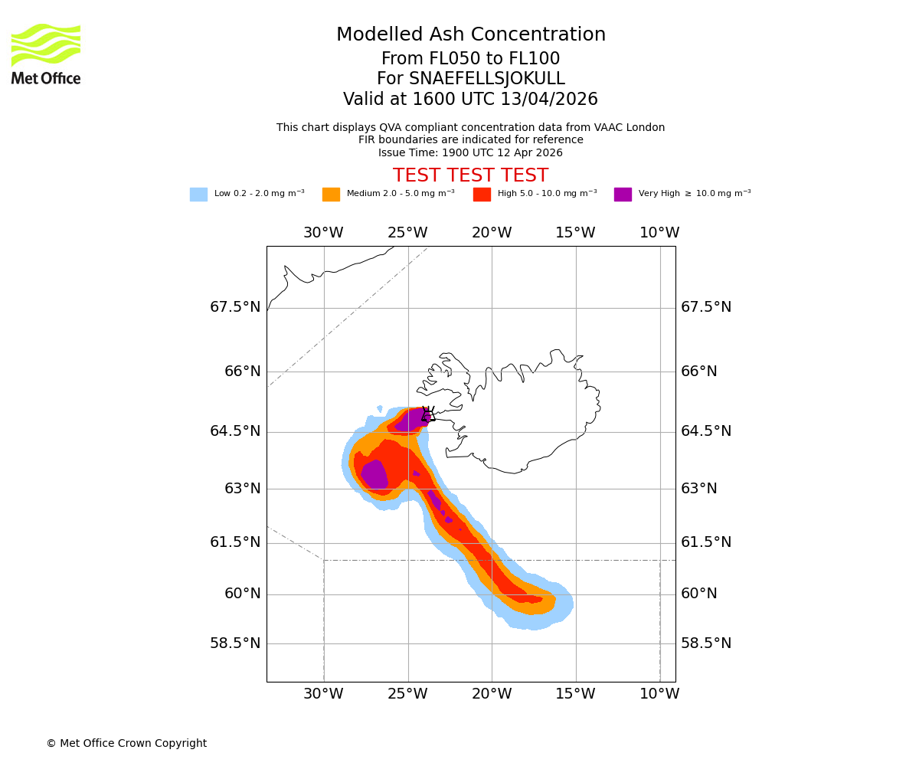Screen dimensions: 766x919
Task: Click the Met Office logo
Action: coord(46,54)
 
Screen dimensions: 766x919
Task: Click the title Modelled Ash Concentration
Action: coord(470,35)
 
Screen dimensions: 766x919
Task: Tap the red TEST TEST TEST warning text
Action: coord(470,176)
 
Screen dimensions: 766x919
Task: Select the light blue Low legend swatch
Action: coord(198,195)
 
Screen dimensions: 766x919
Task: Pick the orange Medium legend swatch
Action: coord(331,195)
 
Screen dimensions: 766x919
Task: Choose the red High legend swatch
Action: coord(482,195)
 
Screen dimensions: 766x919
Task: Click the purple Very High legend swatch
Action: coord(623,195)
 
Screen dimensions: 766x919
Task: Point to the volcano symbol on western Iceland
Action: coord(428,414)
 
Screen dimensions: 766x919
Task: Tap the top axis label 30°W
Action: coord(323,233)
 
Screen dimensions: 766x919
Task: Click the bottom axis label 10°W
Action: coord(659,694)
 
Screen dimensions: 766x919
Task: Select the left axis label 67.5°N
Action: coord(235,307)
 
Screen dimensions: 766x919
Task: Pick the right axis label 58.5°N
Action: coord(706,643)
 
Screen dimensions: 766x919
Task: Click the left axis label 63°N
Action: coord(243,489)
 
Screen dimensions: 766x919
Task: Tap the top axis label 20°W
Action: coord(492,233)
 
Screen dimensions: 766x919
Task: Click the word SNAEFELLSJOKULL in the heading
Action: coord(488,79)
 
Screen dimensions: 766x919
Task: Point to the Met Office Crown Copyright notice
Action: coord(126,744)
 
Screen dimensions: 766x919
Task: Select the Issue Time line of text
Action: coord(470,152)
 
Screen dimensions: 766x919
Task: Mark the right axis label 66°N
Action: coord(699,372)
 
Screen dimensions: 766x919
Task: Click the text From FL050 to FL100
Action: coord(470,59)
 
